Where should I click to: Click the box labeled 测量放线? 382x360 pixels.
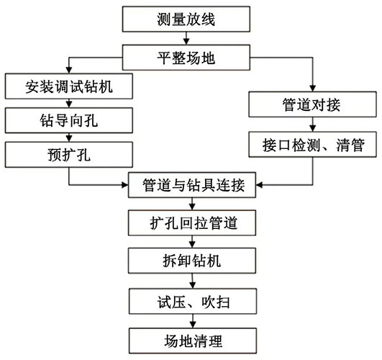186,19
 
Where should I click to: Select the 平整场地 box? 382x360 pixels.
186,58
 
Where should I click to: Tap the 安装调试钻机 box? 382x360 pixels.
69,86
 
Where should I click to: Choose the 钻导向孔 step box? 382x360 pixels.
69,120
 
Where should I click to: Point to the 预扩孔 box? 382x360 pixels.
69,155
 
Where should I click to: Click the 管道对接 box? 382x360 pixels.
312,104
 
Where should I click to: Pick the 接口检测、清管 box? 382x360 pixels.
312,145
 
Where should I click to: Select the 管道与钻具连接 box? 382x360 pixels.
192,185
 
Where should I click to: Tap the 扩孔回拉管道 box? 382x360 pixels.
192,222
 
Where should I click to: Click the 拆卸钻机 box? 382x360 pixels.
192,261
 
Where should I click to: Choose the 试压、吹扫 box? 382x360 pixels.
193,301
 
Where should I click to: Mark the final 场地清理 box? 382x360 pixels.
193,341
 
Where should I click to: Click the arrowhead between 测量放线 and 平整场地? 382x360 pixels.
186,42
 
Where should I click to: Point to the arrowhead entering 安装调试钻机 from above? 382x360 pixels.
69,70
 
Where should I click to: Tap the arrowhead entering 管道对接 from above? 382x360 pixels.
312,89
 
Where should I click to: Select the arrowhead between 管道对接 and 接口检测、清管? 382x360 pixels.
312,129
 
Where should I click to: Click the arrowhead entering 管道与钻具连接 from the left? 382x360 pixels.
125,185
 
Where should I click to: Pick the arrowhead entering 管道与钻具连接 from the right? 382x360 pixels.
259,185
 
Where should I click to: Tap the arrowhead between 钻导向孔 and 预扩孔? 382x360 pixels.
69,139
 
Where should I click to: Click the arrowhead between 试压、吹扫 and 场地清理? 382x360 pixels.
193,325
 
